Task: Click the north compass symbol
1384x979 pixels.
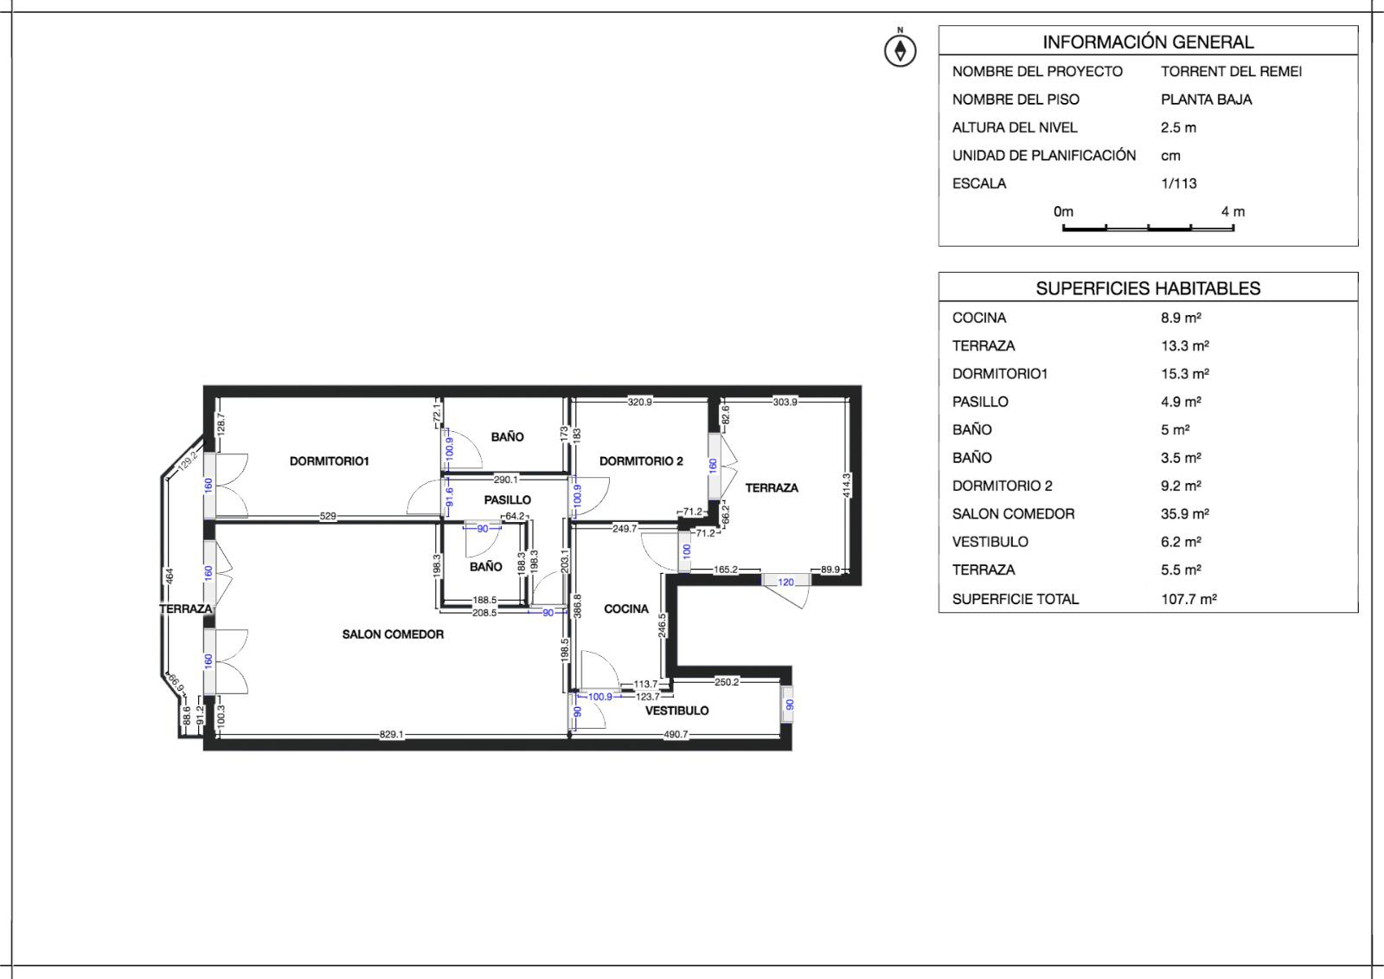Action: coord(900,50)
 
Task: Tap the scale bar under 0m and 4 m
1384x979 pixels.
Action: coord(1148,229)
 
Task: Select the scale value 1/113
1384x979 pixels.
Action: coord(1178,184)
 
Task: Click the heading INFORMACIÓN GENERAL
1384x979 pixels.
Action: coord(1147,42)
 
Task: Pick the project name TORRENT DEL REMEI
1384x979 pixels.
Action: coord(1231,71)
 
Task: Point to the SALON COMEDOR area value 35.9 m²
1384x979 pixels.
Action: coord(1184,513)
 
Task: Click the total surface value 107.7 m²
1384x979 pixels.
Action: coord(1189,598)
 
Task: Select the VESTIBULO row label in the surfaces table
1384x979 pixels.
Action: coord(990,542)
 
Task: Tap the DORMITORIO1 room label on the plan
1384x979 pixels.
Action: coord(329,461)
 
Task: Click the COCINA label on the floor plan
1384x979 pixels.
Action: coord(625,609)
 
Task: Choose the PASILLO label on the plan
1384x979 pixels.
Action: coord(507,499)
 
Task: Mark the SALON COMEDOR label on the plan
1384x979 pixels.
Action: coord(393,634)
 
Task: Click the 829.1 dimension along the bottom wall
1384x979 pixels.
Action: coord(392,734)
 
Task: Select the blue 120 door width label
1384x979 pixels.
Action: coord(785,583)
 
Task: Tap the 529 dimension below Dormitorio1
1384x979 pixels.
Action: coord(328,516)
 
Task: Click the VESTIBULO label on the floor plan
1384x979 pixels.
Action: coord(676,711)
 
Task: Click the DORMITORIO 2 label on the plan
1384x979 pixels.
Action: coord(641,461)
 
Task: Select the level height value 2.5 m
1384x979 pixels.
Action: coord(1178,127)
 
